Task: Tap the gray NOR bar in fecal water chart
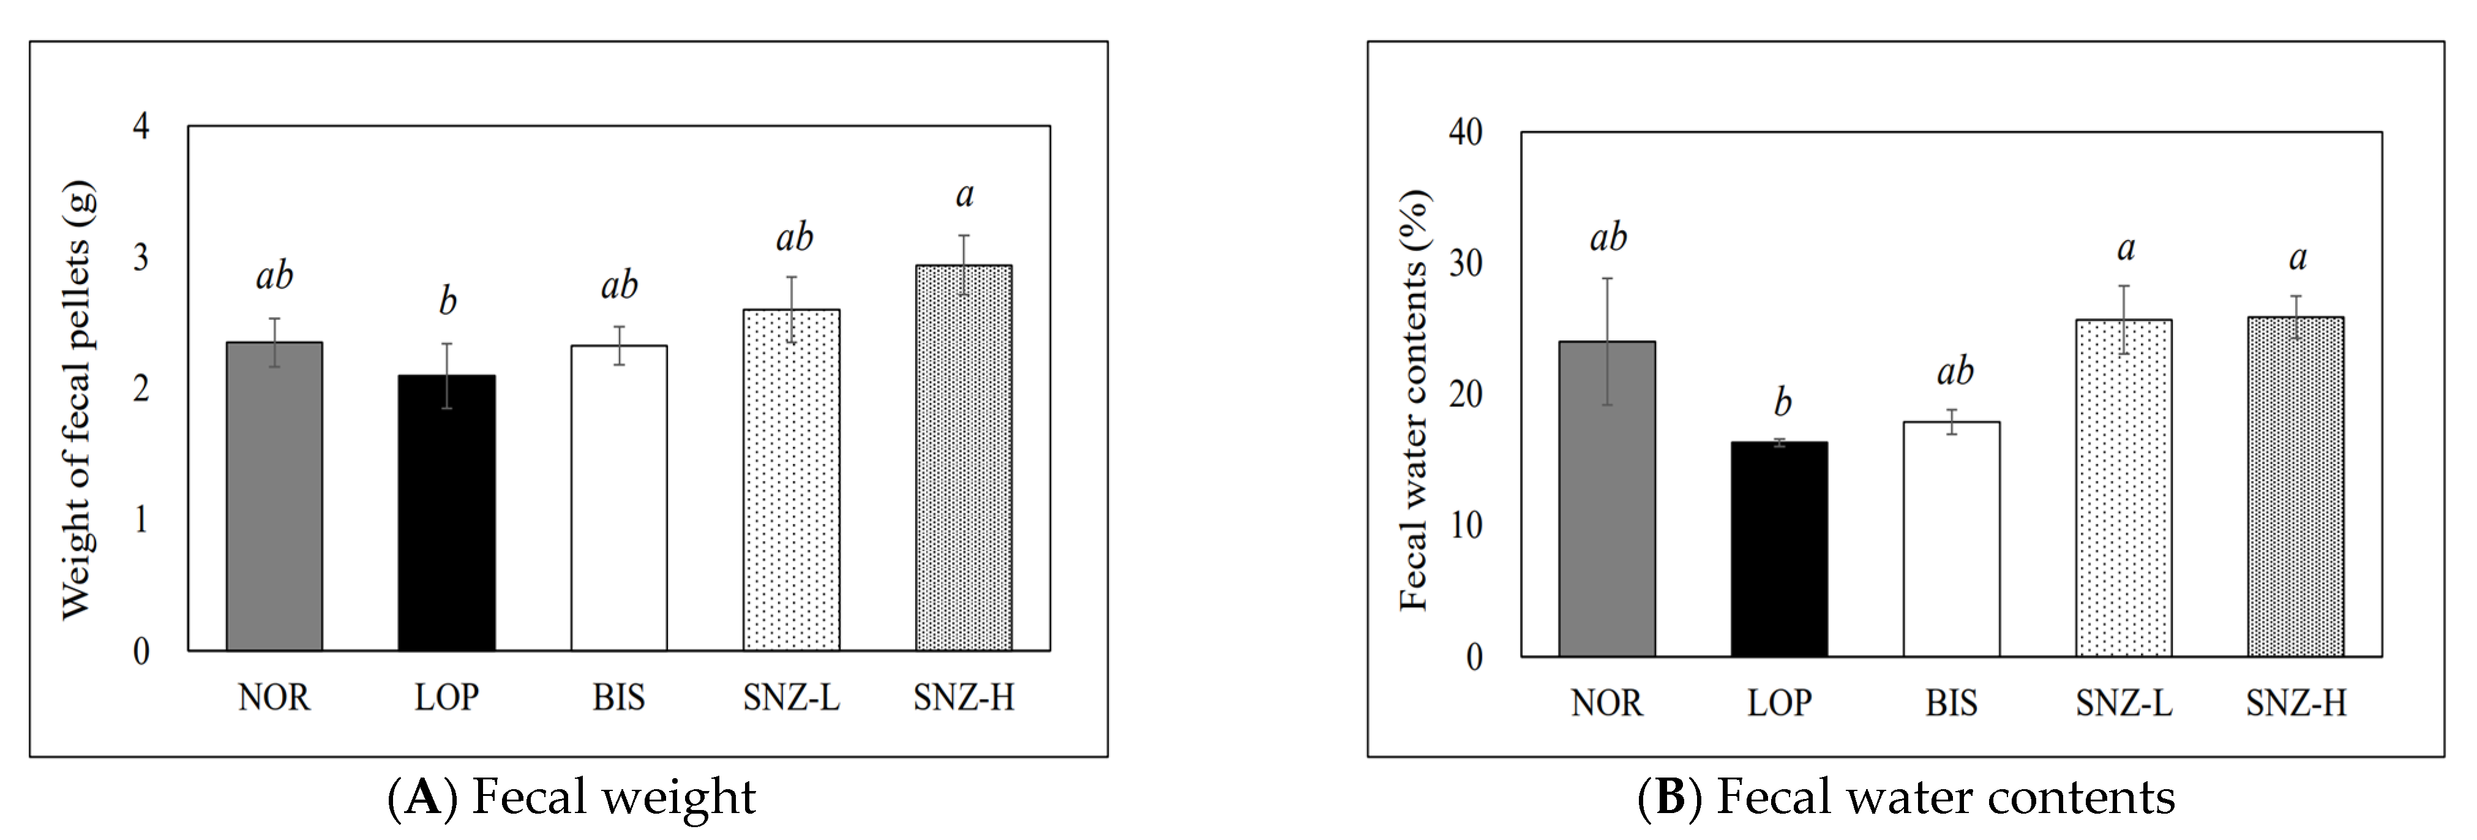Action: [1607, 499]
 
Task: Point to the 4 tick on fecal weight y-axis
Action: [141, 126]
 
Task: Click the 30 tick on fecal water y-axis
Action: [1466, 263]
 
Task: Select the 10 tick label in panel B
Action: [1466, 526]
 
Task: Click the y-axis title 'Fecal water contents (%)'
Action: [1414, 399]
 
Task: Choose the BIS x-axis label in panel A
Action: [618, 697]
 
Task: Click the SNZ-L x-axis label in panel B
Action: [2123, 703]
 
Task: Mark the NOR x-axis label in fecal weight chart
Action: [274, 697]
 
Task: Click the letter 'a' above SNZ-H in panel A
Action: [964, 195]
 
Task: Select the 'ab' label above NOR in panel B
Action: [1608, 238]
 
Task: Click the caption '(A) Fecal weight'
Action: [571, 797]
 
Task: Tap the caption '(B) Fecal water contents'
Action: [1906, 797]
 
